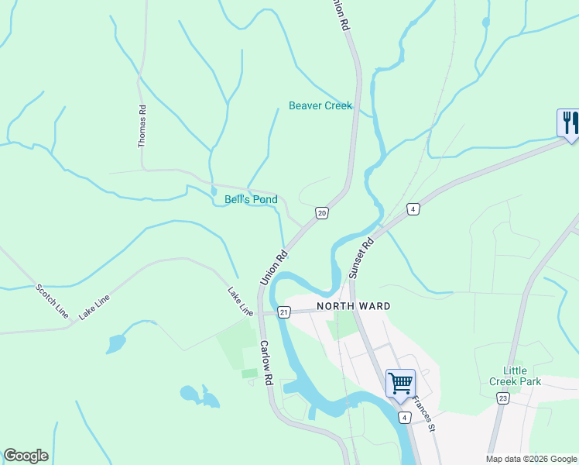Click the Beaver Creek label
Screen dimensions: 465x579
320,105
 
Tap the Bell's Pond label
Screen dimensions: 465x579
251,199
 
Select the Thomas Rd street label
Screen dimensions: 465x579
142,126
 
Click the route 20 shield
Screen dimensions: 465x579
322,212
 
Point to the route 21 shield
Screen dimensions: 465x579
284,312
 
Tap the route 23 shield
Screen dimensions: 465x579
503,398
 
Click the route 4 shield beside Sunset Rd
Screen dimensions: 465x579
414,209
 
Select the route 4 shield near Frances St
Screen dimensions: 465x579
404,417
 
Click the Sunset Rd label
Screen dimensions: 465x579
361,258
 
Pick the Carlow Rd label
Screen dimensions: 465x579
266,363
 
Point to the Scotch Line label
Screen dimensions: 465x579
51,301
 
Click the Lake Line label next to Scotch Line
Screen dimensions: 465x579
92,308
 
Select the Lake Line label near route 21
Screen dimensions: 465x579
240,301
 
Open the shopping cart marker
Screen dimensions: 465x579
400,382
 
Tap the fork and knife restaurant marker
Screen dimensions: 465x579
568,123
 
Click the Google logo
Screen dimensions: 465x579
26,456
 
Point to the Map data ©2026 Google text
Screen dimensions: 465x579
530,459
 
